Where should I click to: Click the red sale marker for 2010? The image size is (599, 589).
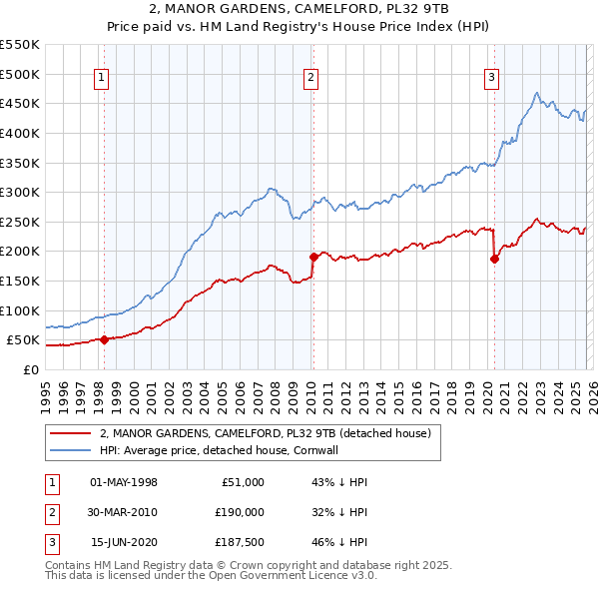click(312, 257)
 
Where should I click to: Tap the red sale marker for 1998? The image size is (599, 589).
click(104, 339)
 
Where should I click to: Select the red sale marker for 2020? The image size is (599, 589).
click(494, 259)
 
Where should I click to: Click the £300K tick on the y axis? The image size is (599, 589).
click(20, 192)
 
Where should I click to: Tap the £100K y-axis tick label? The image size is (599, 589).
click(20, 310)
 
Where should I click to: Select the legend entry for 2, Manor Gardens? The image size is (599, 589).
click(265, 433)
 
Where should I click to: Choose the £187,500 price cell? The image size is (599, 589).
click(239, 542)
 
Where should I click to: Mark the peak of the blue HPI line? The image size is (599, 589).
click(537, 93)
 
